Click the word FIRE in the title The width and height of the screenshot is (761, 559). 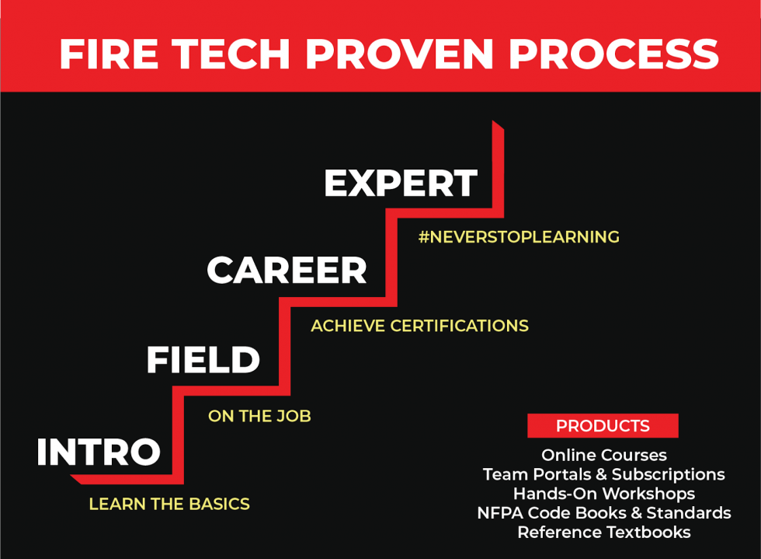(x=109, y=54)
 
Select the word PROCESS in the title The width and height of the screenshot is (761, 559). (x=613, y=54)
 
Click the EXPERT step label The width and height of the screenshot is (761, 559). (x=401, y=183)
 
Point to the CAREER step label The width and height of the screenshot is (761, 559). (x=287, y=271)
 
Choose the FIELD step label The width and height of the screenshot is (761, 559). (x=203, y=360)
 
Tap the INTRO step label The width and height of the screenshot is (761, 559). (x=99, y=452)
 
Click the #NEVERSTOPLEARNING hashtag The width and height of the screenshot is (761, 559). (x=519, y=237)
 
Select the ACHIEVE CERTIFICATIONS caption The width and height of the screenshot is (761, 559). (x=420, y=326)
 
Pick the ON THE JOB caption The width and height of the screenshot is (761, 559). (x=259, y=416)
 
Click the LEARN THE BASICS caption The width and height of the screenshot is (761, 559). (x=169, y=504)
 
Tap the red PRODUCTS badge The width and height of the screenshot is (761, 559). (x=603, y=426)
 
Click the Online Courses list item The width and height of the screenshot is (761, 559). (x=604, y=455)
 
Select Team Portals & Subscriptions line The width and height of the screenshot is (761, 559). (x=604, y=474)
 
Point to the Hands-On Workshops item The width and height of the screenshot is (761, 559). (x=604, y=494)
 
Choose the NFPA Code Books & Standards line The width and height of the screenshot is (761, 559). (x=604, y=513)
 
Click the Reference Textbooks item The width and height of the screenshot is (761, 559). (x=604, y=533)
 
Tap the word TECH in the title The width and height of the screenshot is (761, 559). (x=231, y=54)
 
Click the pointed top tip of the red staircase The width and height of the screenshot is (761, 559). (x=492, y=121)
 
